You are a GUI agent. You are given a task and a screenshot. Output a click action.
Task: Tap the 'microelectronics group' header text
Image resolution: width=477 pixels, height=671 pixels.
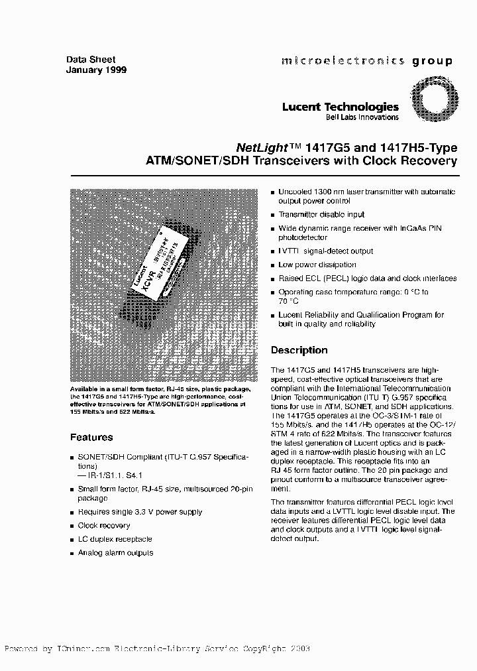pyautogui.click(x=367, y=61)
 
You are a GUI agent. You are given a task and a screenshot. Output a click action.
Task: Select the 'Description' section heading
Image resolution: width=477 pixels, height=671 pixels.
pyautogui.click(x=299, y=350)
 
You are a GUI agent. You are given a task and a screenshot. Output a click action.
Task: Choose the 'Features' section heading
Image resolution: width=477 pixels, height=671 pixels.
pyautogui.click(x=91, y=438)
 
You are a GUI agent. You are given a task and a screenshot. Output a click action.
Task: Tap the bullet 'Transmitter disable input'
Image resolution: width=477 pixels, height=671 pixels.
pyautogui.click(x=321, y=215)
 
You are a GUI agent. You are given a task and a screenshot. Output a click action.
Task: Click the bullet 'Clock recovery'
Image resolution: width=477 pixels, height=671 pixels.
pyautogui.click(x=103, y=525)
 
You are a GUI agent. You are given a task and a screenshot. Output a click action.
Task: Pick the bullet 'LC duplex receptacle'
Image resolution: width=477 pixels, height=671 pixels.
pyautogui.click(x=115, y=539)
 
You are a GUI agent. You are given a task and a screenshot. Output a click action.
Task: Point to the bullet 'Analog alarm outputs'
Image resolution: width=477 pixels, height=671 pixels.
pyautogui.click(x=115, y=552)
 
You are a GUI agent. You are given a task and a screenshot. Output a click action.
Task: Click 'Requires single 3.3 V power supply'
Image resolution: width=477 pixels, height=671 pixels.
pyautogui.click(x=140, y=512)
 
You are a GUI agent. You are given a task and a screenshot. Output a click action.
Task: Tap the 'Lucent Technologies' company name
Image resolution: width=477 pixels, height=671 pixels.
pyautogui.click(x=341, y=107)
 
